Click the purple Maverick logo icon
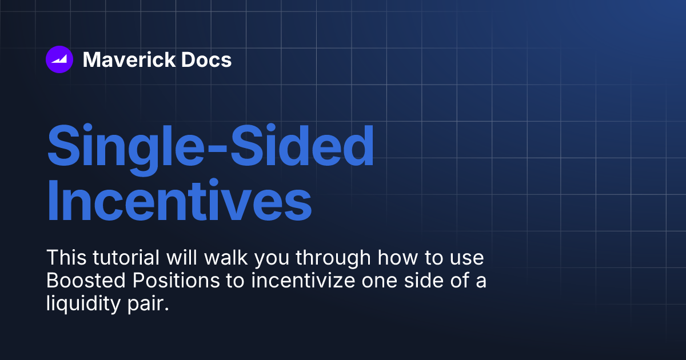59,59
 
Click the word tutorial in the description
126,258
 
